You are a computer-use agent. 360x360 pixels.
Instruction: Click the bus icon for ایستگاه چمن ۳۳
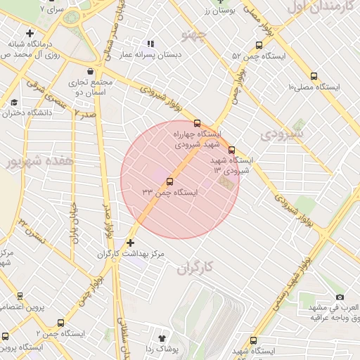pyautogui.click(x=169, y=181)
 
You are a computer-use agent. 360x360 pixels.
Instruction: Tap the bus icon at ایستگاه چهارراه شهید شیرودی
pyautogui.click(x=197, y=123)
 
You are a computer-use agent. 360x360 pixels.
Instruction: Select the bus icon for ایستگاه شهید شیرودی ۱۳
pyautogui.click(x=231, y=149)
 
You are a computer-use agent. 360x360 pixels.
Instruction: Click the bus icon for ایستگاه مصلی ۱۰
pyautogui.click(x=313, y=77)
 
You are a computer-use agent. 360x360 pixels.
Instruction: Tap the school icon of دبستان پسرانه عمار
pyautogui.click(x=150, y=44)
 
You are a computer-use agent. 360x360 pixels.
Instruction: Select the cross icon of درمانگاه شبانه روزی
pyautogui.click(x=29, y=33)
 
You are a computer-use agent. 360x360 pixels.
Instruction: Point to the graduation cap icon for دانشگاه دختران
pyautogui.click(x=14, y=102)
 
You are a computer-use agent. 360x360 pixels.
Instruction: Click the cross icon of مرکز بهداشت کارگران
pyautogui.click(x=130, y=243)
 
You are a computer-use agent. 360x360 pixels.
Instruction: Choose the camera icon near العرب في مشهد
pyautogui.click(x=340, y=297)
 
